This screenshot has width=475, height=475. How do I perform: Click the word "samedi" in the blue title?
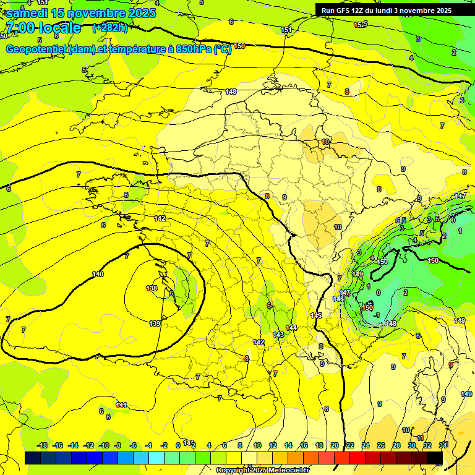pos(28,13)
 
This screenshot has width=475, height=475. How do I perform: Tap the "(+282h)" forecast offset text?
pos(109,27)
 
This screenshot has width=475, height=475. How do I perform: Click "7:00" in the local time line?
pos(18,28)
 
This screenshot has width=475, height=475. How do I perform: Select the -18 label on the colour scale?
pos(42,445)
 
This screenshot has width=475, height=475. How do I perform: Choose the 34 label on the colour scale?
pos(443,445)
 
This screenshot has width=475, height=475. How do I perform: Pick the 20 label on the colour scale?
pos(335,445)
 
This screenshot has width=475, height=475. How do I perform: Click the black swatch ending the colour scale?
pos(435,458)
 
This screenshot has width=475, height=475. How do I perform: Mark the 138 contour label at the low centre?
pos(152,288)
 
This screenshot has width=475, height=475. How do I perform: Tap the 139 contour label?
pos(155,323)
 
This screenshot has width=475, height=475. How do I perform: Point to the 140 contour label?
pos(98,274)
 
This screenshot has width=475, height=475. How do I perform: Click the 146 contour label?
pos(338,299)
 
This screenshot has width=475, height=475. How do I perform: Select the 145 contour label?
pos(316,315)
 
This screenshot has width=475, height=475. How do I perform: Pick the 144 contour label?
pos(291,327)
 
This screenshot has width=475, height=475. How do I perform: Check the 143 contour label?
pos(278,335)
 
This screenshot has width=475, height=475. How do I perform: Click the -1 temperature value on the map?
pos(376,315)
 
